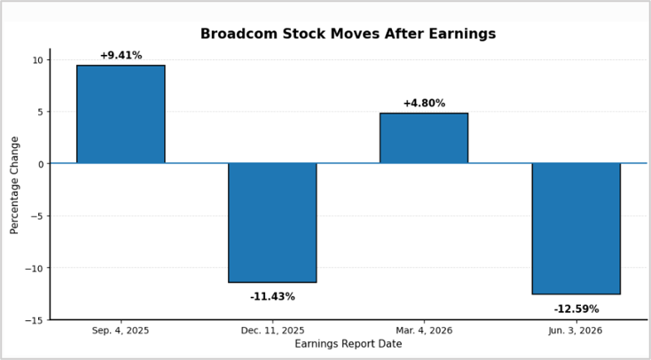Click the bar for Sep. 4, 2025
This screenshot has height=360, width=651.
121,114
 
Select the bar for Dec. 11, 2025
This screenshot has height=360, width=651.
272,223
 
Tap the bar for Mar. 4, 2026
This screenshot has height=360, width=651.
424,137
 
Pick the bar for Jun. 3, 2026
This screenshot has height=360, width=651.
576,229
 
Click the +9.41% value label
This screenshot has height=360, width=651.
121,55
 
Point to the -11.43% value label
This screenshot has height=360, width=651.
272,297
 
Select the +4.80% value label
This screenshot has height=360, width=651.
424,103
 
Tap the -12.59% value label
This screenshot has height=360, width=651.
576,309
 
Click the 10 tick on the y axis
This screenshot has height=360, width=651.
39,59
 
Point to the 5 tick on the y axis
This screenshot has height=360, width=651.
41,112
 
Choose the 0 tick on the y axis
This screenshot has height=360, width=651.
41,164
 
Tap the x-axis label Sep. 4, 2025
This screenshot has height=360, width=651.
121,331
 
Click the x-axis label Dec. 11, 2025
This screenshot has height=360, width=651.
272,331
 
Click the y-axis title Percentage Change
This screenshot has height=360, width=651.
14,184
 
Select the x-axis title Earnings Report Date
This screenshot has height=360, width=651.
349,344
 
